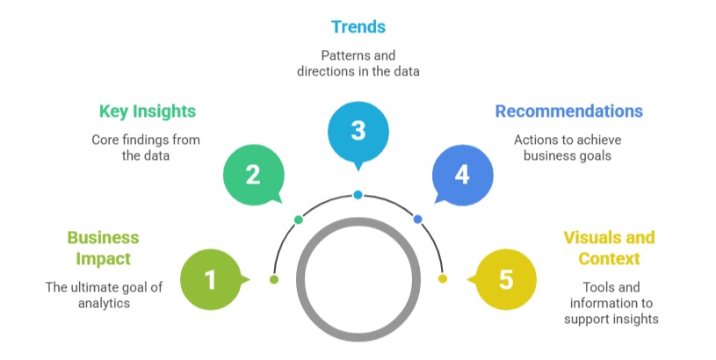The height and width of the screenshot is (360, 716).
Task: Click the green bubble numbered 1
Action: click(x=210, y=280)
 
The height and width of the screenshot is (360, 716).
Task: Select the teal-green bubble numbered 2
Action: click(x=253, y=175)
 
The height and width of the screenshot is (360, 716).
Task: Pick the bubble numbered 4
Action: click(x=462, y=175)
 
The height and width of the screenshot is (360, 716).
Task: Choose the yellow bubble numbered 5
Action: click(x=505, y=280)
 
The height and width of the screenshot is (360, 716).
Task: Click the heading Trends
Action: click(x=358, y=27)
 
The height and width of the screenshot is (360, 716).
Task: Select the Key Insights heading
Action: click(x=147, y=112)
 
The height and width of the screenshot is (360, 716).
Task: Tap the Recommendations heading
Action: click(x=568, y=112)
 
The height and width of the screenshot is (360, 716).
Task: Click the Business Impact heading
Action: click(x=103, y=248)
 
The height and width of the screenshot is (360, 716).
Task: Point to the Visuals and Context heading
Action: click(x=609, y=248)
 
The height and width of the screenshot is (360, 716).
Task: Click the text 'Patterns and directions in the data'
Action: click(x=358, y=62)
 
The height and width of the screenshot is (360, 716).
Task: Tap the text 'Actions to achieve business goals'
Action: click(x=567, y=148)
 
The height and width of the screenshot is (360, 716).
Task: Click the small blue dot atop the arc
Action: click(x=358, y=194)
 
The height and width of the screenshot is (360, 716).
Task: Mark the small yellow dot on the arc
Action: click(x=443, y=279)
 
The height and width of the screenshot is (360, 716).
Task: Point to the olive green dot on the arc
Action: click(x=274, y=279)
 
